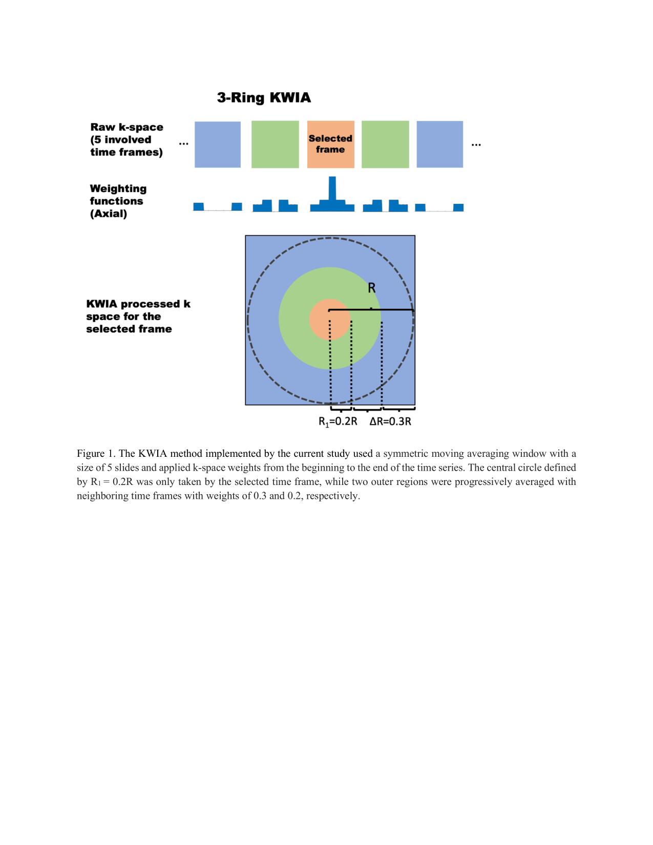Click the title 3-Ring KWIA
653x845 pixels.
pyautogui.click(x=264, y=98)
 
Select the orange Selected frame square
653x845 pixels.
pyautogui.click(x=330, y=144)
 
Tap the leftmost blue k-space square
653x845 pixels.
pyautogui.click(x=217, y=144)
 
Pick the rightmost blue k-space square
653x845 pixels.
pyautogui.click(x=439, y=144)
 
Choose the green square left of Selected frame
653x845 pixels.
pyautogui.click(x=275, y=144)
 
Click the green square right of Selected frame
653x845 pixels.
pyautogui.click(x=385, y=144)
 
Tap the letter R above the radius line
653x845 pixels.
pyautogui.click(x=372, y=288)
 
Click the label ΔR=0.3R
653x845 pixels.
pyautogui.click(x=390, y=422)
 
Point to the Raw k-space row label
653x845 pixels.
pyautogui.click(x=127, y=139)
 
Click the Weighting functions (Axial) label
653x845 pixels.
pyautogui.click(x=118, y=201)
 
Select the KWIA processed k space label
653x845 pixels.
pyautogui.click(x=138, y=316)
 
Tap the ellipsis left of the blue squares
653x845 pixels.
pyautogui.click(x=183, y=144)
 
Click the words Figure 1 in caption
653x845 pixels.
pyautogui.click(x=96, y=454)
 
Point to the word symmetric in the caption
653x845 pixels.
pyautogui.click(x=405, y=454)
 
